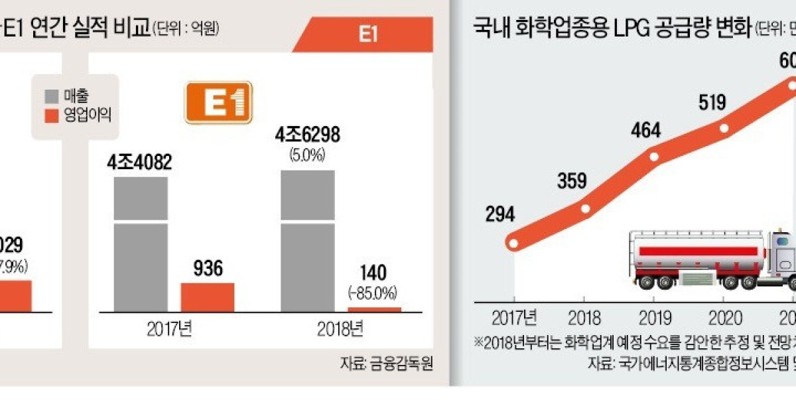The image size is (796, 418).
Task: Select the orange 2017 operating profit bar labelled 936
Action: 207,297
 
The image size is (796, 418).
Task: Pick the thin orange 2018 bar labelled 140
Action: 374,309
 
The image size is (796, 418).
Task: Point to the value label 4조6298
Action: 308,135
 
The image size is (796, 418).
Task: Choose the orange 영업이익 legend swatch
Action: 50,115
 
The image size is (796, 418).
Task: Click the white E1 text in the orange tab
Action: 368,35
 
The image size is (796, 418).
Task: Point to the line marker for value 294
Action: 513,244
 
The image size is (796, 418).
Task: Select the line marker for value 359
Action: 585,208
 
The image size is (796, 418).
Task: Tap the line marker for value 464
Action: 655,158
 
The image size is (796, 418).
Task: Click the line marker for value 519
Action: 724,129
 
